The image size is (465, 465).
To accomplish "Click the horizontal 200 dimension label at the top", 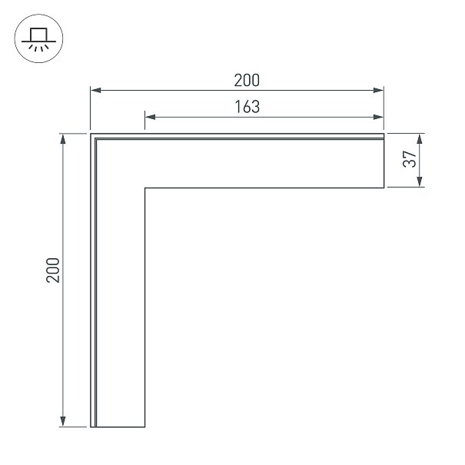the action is point(247,81).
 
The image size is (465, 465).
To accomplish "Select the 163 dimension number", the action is point(247,107).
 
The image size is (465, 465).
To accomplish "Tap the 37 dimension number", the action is point(410,159).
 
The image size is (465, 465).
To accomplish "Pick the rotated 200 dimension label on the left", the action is point(53,271).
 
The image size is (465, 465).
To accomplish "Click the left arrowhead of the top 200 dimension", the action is point(96,90).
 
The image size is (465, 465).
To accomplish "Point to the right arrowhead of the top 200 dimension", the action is point(378,90).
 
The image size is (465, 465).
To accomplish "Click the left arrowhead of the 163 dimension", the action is point(151,117).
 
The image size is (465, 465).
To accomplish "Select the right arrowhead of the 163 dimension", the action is point(378,117).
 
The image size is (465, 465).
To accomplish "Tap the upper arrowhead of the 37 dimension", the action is point(420,139).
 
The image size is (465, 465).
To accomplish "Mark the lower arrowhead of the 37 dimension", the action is point(420,181).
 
